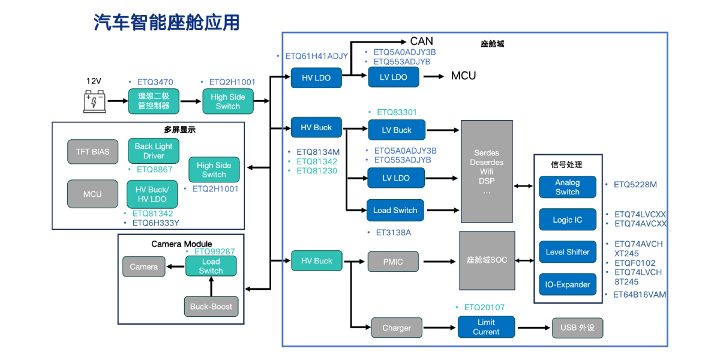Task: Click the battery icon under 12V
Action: pyautogui.click(x=95, y=101)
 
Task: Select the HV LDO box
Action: pyautogui.click(x=316, y=78)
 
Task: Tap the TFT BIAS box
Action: pyautogui.click(x=92, y=152)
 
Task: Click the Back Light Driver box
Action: pyautogui.click(x=154, y=151)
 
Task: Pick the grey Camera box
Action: pyautogui.click(x=144, y=267)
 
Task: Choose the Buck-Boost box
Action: pyautogui.click(x=211, y=307)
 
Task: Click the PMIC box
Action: pyautogui.click(x=393, y=262)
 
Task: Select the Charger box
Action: pyautogui.click(x=397, y=328)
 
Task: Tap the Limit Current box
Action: pyautogui.click(x=486, y=327)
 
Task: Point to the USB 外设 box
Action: pyautogui.click(x=577, y=328)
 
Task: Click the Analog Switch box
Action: pyautogui.click(x=567, y=187)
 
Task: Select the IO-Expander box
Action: pyautogui.click(x=567, y=284)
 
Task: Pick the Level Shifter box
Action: pyautogui.click(x=567, y=252)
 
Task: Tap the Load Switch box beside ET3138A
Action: pyautogui.click(x=395, y=211)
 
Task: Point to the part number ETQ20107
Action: pyautogui.click(x=484, y=308)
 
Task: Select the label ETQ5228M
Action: pyautogui.click(x=635, y=185)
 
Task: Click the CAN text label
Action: pyautogui.click(x=421, y=41)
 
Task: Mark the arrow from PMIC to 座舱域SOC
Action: pyautogui.click(x=439, y=262)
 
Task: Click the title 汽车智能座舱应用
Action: pyautogui.click(x=167, y=22)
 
